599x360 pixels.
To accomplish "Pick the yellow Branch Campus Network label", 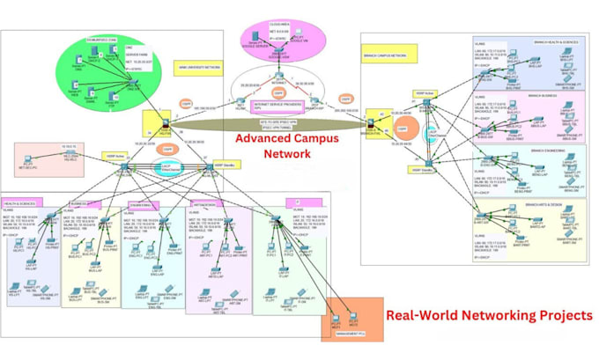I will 385,54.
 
